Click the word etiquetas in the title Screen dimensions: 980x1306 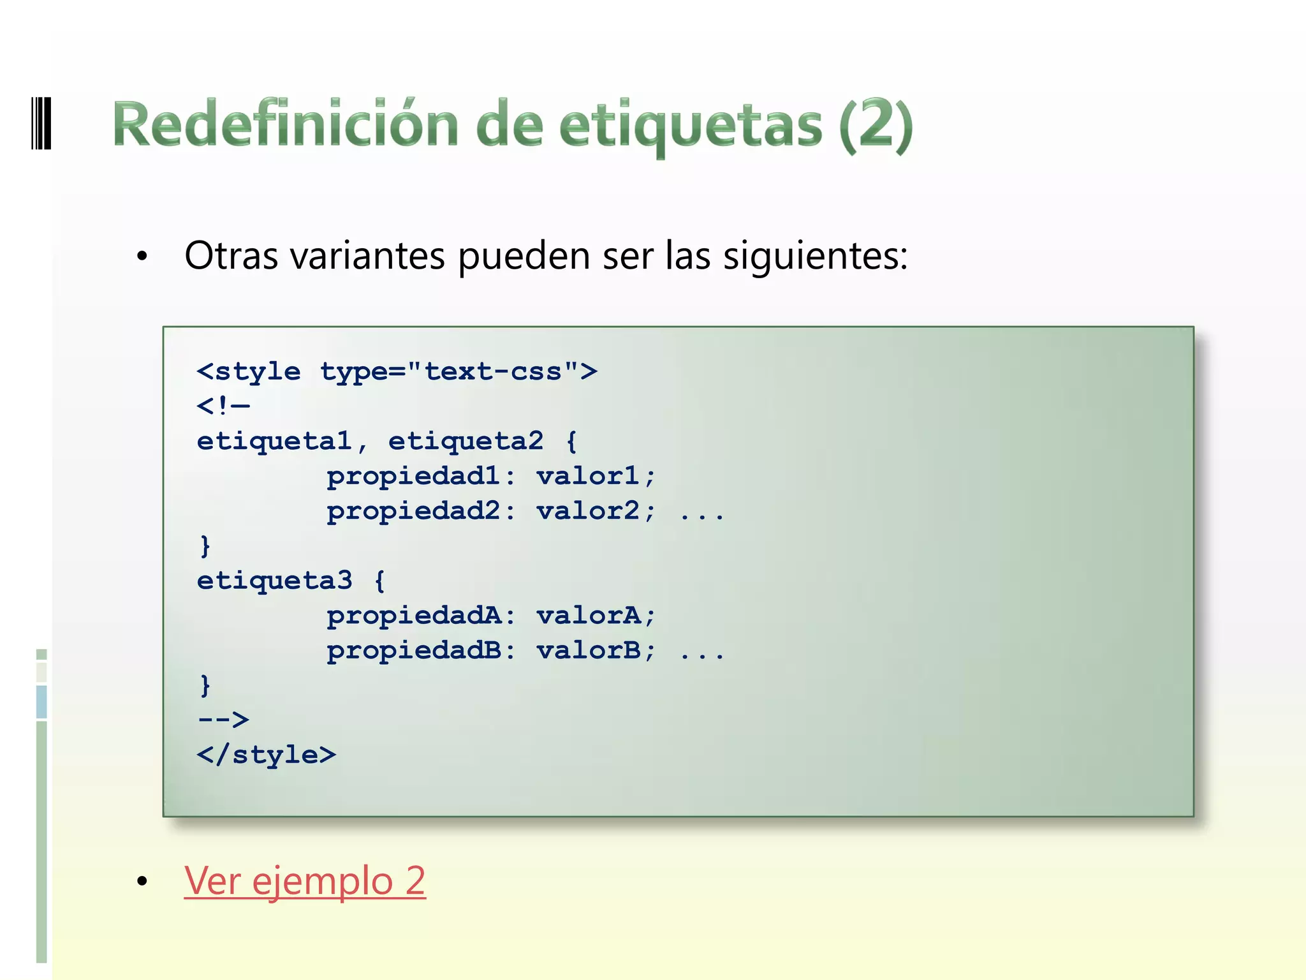pos(690,125)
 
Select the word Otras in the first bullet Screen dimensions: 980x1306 pos(231,255)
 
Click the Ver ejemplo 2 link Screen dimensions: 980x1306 pos(305,880)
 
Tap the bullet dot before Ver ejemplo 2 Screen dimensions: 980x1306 pos(142,882)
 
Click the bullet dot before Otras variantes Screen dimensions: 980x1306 pos(142,256)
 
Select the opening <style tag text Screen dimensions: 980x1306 pos(249,371)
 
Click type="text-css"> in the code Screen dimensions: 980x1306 pos(459,371)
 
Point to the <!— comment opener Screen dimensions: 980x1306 pos(223,406)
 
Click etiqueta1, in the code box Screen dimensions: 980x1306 pos(282,441)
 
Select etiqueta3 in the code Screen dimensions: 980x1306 pos(274,581)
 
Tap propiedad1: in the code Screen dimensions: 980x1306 pos(420,476)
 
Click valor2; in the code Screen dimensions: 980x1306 pos(596,511)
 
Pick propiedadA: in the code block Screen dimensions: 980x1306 pos(420,616)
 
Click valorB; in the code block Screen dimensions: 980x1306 pos(596,651)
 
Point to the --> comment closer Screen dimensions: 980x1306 pos(223,720)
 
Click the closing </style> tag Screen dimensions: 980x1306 pos(266,755)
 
